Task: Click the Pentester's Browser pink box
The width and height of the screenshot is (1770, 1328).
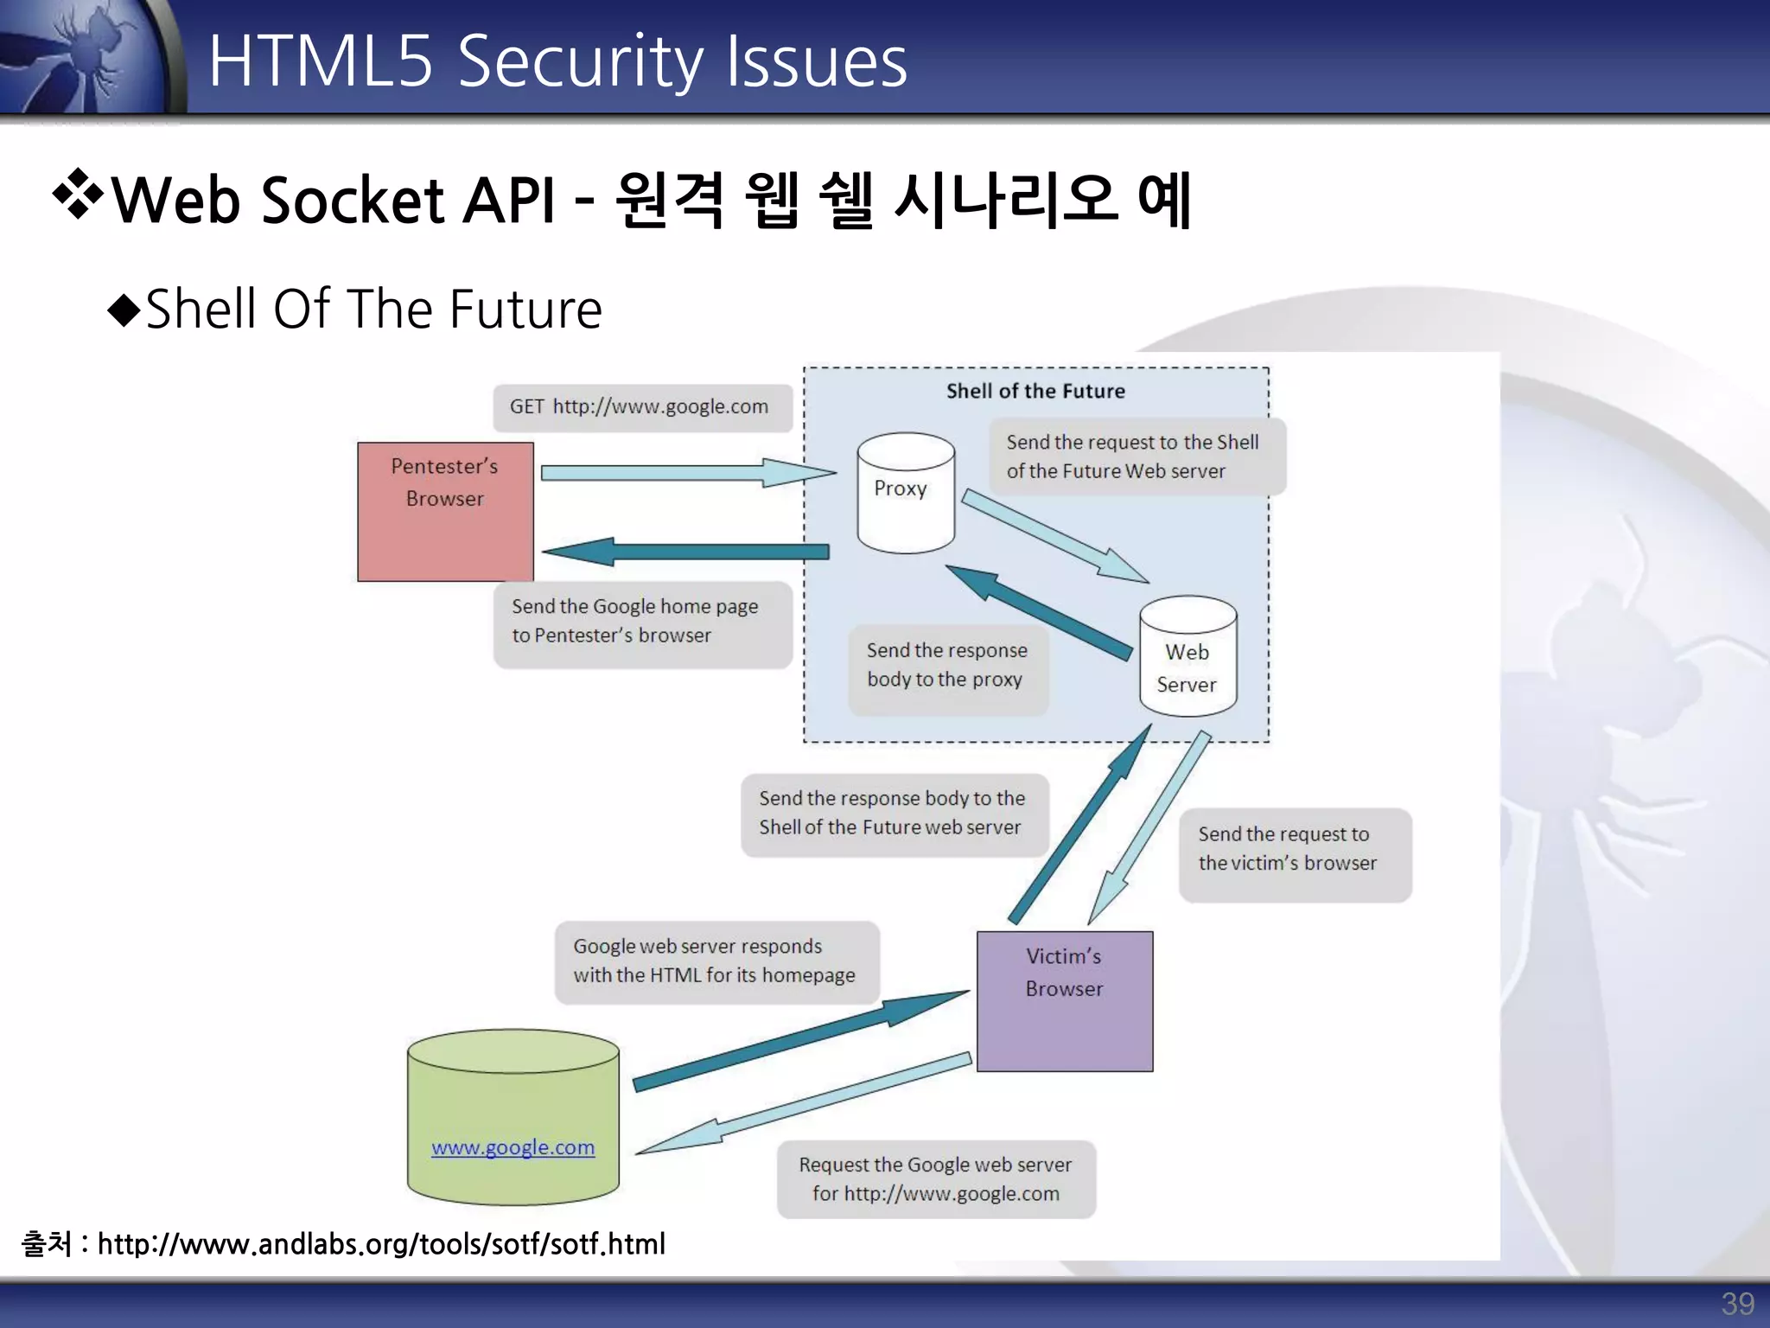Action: click(x=445, y=512)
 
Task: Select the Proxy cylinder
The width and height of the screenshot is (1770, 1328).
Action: click(x=905, y=493)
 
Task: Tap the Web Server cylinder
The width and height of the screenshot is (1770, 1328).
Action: click(x=1187, y=657)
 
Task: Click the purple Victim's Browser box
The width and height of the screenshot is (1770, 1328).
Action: click(x=1065, y=1001)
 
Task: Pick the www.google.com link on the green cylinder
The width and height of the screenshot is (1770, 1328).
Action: click(x=513, y=1147)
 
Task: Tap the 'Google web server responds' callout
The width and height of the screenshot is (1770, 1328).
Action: click(x=716, y=961)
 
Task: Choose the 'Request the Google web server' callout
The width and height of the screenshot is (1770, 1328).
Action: click(x=935, y=1179)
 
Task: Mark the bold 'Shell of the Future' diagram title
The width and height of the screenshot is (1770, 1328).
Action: click(x=1035, y=391)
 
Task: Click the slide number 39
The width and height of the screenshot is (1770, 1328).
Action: click(x=1737, y=1304)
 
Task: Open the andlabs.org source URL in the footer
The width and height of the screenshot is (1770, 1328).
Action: click(x=380, y=1244)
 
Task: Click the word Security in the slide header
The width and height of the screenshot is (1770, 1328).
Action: click(x=580, y=62)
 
